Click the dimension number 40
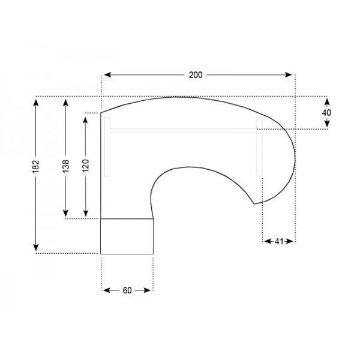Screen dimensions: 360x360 pos(327,112)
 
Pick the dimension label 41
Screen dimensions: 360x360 pos(279,241)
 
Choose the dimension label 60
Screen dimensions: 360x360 pos(127,290)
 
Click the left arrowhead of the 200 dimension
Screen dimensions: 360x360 pos(106,75)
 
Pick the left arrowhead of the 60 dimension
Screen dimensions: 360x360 pos(106,290)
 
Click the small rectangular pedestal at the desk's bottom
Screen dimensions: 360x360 pos(127,236)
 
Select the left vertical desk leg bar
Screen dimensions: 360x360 pos(107,147)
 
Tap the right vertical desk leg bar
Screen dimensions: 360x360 pos(259,147)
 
